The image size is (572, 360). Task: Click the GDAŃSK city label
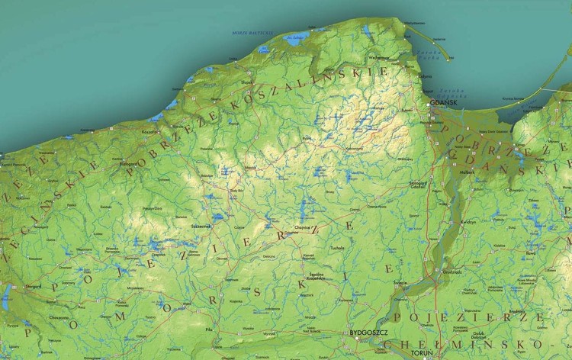(442, 101)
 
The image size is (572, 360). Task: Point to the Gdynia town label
(423, 76)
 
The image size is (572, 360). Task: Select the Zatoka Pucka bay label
(429, 56)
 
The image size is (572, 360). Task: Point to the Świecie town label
(400, 283)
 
